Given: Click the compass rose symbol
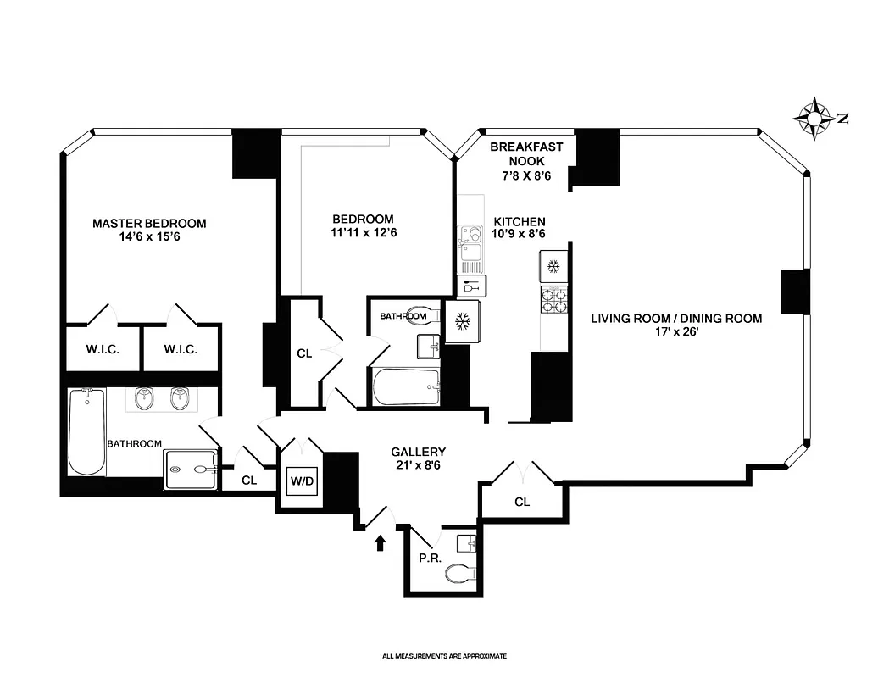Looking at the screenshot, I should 815,118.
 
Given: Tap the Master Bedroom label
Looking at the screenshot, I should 149,224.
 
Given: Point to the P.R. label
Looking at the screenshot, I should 427,559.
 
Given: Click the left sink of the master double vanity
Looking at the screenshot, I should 144,398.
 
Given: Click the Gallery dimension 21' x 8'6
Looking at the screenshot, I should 418,465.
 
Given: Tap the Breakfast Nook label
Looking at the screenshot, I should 525,153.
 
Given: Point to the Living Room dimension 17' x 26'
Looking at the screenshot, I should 675,333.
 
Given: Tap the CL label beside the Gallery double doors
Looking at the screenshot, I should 522,502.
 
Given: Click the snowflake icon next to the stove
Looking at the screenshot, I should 553,268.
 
